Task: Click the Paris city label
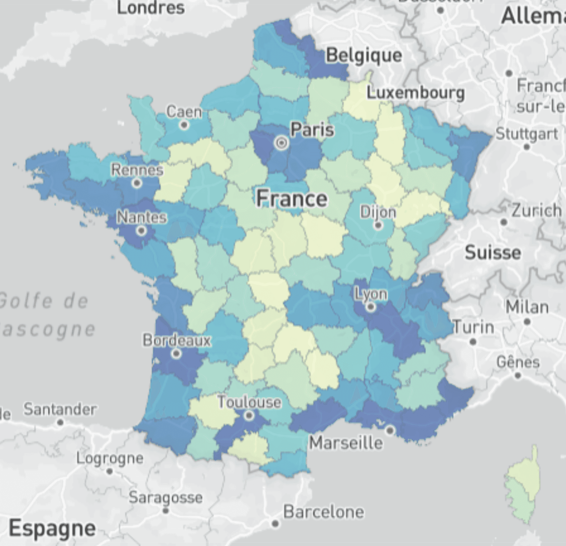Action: (312, 130)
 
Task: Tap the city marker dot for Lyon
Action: (371, 307)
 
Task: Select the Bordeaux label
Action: (177, 340)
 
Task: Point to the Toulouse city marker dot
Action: (249, 415)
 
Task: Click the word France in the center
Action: (292, 199)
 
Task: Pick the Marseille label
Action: (346, 443)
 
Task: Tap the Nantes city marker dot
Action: (141, 231)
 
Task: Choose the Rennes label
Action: (137, 170)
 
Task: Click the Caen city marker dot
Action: (184, 125)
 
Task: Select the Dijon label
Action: (378, 212)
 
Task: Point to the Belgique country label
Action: (364, 55)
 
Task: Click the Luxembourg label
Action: (415, 93)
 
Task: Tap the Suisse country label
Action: (493, 253)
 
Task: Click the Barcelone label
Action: (324, 512)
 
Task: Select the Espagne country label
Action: (52, 528)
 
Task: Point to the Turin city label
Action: (473, 327)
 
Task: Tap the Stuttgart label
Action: (527, 134)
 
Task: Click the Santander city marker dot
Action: (60, 422)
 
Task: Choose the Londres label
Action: (151, 8)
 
